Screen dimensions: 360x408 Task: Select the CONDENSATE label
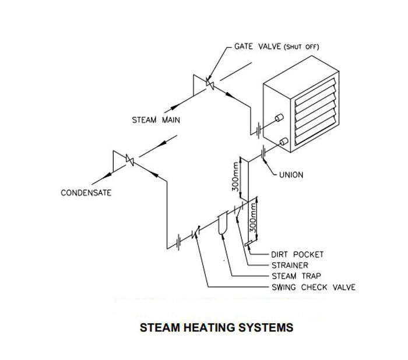pos(86,193)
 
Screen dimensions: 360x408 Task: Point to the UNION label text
pos(293,174)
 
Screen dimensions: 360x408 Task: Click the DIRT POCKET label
pos(297,255)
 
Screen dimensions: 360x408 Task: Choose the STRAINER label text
pos(290,265)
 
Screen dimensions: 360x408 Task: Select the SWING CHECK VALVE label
pos(313,287)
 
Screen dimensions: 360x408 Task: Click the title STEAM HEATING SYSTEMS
pos(217,327)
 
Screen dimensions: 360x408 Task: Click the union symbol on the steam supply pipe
pos(257,128)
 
